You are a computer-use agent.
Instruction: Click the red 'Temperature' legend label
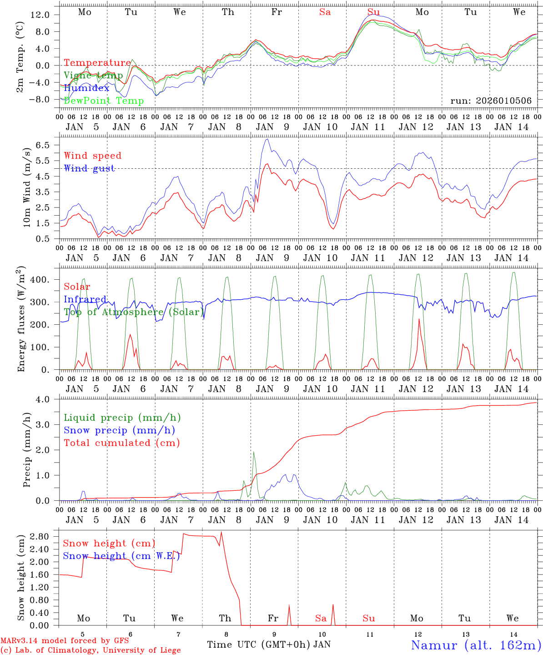coord(97,63)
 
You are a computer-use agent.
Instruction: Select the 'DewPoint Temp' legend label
coord(104,101)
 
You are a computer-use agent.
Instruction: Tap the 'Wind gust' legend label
coord(89,168)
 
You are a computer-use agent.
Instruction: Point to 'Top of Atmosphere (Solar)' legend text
coord(134,312)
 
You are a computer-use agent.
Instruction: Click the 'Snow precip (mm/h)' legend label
coord(120,430)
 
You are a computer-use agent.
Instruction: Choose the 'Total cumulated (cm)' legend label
coord(122,443)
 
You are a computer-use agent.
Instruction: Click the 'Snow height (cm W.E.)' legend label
coord(121,556)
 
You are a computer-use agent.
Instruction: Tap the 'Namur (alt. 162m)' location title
coord(476,645)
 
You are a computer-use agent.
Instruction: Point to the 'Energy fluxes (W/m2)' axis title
coord(21,320)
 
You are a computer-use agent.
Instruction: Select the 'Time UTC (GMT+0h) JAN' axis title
coord(269,645)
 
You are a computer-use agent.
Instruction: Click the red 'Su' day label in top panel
coord(373,12)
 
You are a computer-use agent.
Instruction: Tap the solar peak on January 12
coord(419,319)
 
